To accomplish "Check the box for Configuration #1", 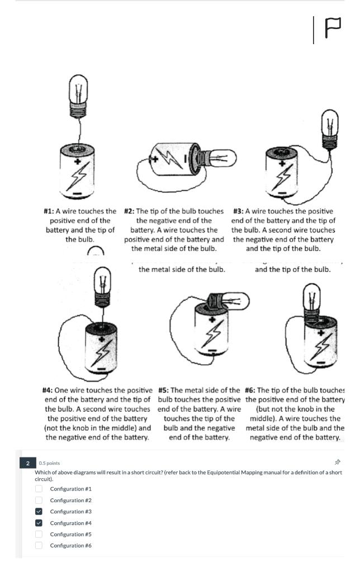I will pyautogui.click(x=39, y=489).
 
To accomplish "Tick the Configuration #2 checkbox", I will pyautogui.click(x=39, y=500).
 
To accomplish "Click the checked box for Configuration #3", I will pyautogui.click(x=39, y=512).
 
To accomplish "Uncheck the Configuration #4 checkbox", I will pyautogui.click(x=39, y=523).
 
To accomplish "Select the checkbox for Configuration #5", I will pyautogui.click(x=39, y=534).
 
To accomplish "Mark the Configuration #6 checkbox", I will pyautogui.click(x=39, y=545).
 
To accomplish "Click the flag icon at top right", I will pyautogui.click(x=333, y=29).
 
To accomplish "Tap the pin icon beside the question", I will pyautogui.click(x=337, y=463).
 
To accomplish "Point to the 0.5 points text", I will pyautogui.click(x=49, y=463).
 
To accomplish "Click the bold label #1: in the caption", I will pyautogui.click(x=51, y=212).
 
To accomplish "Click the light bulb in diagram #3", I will pyautogui.click(x=329, y=128).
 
